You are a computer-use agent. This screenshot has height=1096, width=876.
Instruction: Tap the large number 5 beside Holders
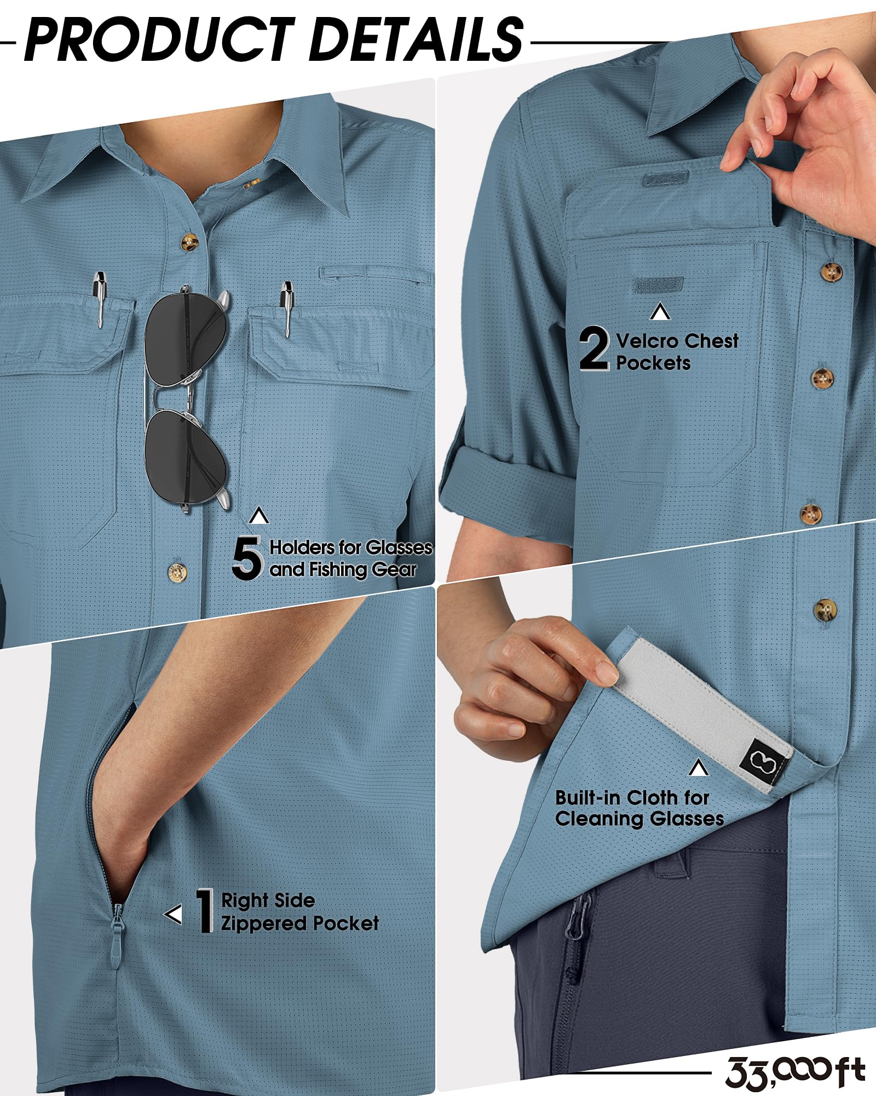click(247, 557)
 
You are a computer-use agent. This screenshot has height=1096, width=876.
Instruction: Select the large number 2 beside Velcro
click(594, 348)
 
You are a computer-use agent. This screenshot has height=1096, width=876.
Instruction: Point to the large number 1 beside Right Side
click(205, 910)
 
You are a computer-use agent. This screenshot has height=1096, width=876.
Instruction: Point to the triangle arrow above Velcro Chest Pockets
click(660, 312)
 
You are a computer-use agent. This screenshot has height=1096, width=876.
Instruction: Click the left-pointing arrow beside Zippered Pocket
click(173, 914)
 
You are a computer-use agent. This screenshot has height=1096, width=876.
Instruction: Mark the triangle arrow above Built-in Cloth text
click(698, 768)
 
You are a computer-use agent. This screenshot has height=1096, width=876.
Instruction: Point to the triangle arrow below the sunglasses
click(259, 516)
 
